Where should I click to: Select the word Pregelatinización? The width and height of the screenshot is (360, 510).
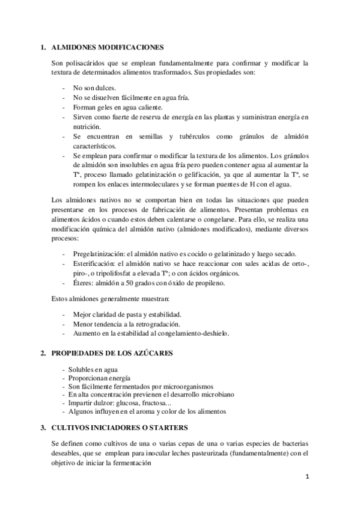(x=98, y=254)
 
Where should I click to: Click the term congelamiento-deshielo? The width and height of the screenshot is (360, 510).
(x=199, y=333)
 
